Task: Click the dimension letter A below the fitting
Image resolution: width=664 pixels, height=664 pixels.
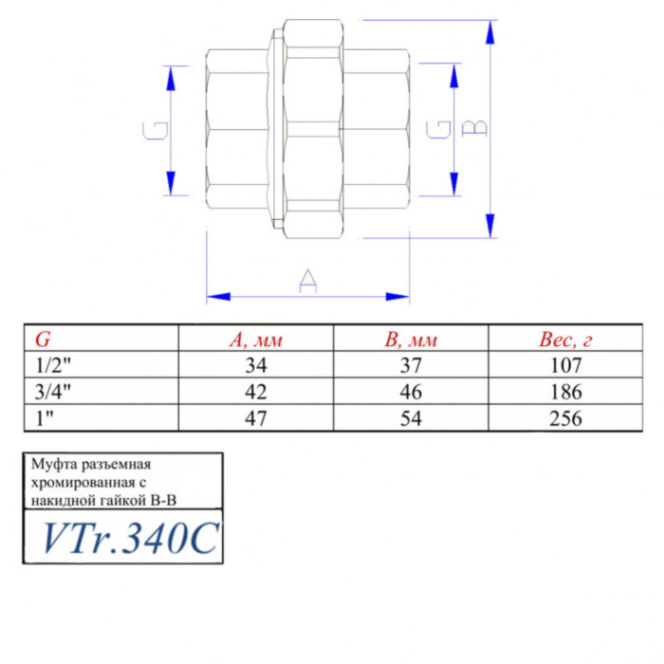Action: coord(307,281)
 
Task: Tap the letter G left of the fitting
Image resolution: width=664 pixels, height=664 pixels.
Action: coord(159,131)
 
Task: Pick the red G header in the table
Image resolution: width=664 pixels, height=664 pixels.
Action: coord(44,340)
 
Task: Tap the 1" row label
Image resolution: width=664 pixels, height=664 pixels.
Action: coord(44,416)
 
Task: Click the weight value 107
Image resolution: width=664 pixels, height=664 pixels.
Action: coord(565,365)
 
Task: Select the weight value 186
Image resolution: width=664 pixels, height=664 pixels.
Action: coord(565,391)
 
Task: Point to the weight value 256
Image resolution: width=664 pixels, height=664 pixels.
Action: coord(565,416)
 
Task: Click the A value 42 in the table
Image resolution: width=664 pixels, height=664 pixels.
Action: coord(256,391)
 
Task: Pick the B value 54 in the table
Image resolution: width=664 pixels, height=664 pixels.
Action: coord(411,416)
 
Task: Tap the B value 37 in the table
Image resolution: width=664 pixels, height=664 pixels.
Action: coord(411,365)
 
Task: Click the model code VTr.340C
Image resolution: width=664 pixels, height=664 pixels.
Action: coord(129,539)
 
